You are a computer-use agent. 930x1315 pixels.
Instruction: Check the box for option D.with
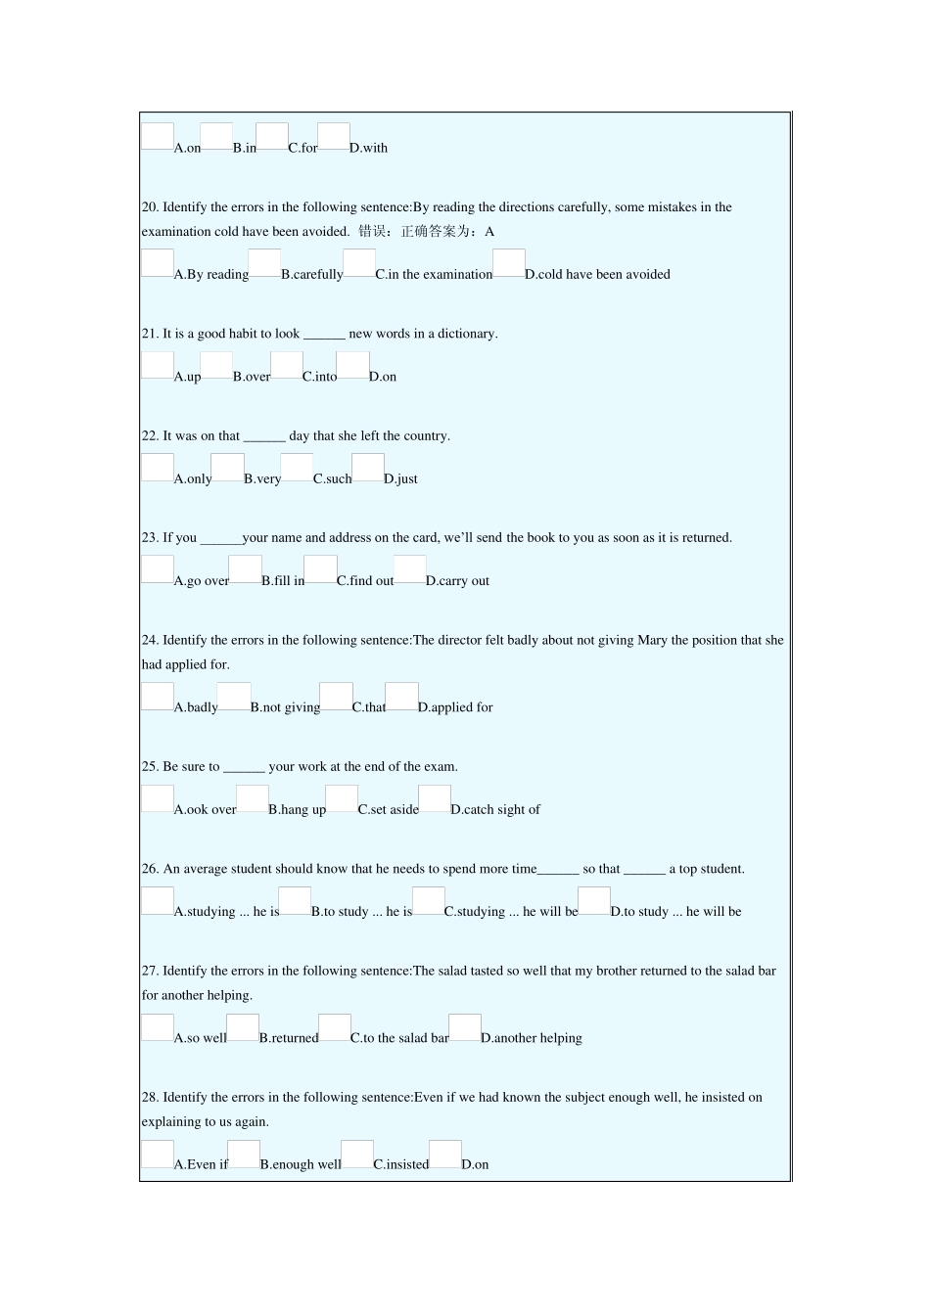click(x=334, y=136)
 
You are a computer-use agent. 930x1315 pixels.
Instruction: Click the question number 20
click(x=150, y=207)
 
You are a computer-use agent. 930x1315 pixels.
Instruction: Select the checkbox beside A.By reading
click(x=158, y=262)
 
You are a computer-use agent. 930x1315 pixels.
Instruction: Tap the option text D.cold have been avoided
click(x=597, y=275)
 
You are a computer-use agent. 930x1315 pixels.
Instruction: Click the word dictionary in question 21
click(x=466, y=334)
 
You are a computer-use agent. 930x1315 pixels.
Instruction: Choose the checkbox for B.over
click(x=216, y=365)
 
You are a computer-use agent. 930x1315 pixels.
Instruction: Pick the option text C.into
click(x=319, y=377)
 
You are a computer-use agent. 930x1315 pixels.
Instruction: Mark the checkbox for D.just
click(x=367, y=467)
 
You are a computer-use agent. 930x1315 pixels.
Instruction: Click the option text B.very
click(x=262, y=479)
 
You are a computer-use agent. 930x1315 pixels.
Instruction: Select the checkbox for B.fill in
click(x=245, y=568)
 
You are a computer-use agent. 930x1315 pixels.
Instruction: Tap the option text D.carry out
click(x=457, y=581)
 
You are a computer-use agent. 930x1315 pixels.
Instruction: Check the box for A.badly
click(x=158, y=696)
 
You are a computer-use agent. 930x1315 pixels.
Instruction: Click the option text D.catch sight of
click(x=495, y=810)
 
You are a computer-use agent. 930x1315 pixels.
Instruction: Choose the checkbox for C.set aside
click(x=342, y=798)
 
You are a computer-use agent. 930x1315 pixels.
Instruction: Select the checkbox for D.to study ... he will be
click(x=594, y=900)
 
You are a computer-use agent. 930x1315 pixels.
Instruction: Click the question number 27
click(x=150, y=972)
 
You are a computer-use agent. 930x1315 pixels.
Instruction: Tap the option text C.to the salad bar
click(x=399, y=1039)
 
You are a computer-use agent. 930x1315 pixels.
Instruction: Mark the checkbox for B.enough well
click(x=244, y=1153)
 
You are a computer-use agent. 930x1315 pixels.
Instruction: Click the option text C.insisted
click(x=401, y=1165)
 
